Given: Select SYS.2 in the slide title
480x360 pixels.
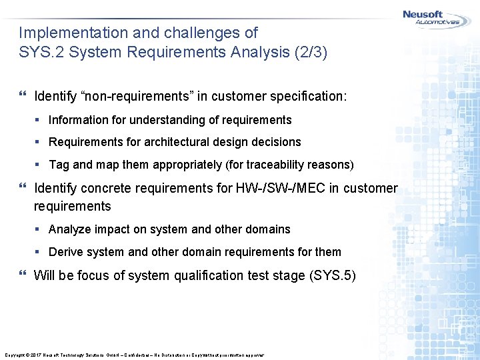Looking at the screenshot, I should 39,53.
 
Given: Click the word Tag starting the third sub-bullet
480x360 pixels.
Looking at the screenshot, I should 59,164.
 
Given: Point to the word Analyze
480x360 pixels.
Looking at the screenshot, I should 70,229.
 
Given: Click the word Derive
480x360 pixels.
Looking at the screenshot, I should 66,252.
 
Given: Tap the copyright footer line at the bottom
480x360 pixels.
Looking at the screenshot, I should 134,355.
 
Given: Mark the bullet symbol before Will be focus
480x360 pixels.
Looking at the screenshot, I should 23,275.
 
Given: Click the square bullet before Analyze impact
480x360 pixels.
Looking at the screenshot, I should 39,229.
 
